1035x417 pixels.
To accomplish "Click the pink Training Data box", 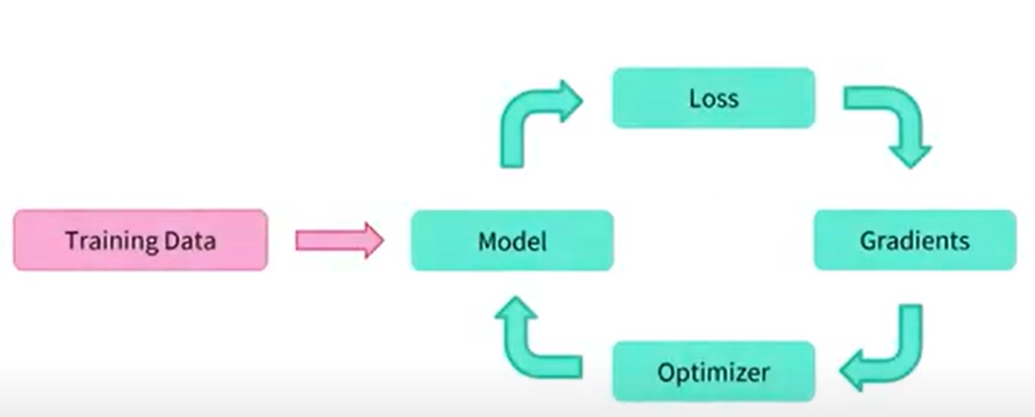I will point(140,240).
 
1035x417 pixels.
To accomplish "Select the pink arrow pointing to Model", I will point(339,240).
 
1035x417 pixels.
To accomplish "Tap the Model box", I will point(512,240).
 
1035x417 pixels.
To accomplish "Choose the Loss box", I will point(714,98).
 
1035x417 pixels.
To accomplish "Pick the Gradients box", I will point(915,240).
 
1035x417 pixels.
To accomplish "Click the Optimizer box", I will point(714,371).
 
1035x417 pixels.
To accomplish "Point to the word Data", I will point(190,240).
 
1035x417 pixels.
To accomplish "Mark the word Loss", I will point(714,98).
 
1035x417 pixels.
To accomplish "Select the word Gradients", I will point(915,241).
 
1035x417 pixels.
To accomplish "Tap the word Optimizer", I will point(714,372).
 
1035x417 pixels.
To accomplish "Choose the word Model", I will point(512,240).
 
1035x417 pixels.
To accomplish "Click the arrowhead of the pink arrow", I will point(371,240).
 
